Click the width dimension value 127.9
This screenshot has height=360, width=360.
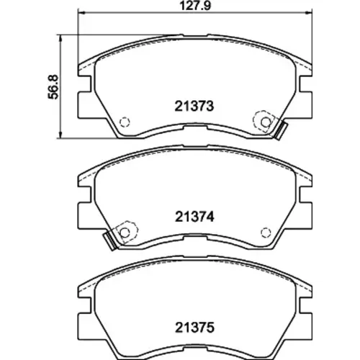click(195, 6)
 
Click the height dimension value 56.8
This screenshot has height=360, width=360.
click(53, 86)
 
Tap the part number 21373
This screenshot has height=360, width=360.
click(194, 106)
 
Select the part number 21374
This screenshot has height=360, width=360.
click(194, 217)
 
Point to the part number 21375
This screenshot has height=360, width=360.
click(194, 328)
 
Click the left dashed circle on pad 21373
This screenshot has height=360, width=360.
click(125, 122)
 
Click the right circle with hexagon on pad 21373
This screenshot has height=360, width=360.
click(265, 122)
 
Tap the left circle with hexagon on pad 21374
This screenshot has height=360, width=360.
click(125, 232)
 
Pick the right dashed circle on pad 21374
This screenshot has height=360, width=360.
click(266, 233)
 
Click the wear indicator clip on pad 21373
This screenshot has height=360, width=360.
click(281, 131)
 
